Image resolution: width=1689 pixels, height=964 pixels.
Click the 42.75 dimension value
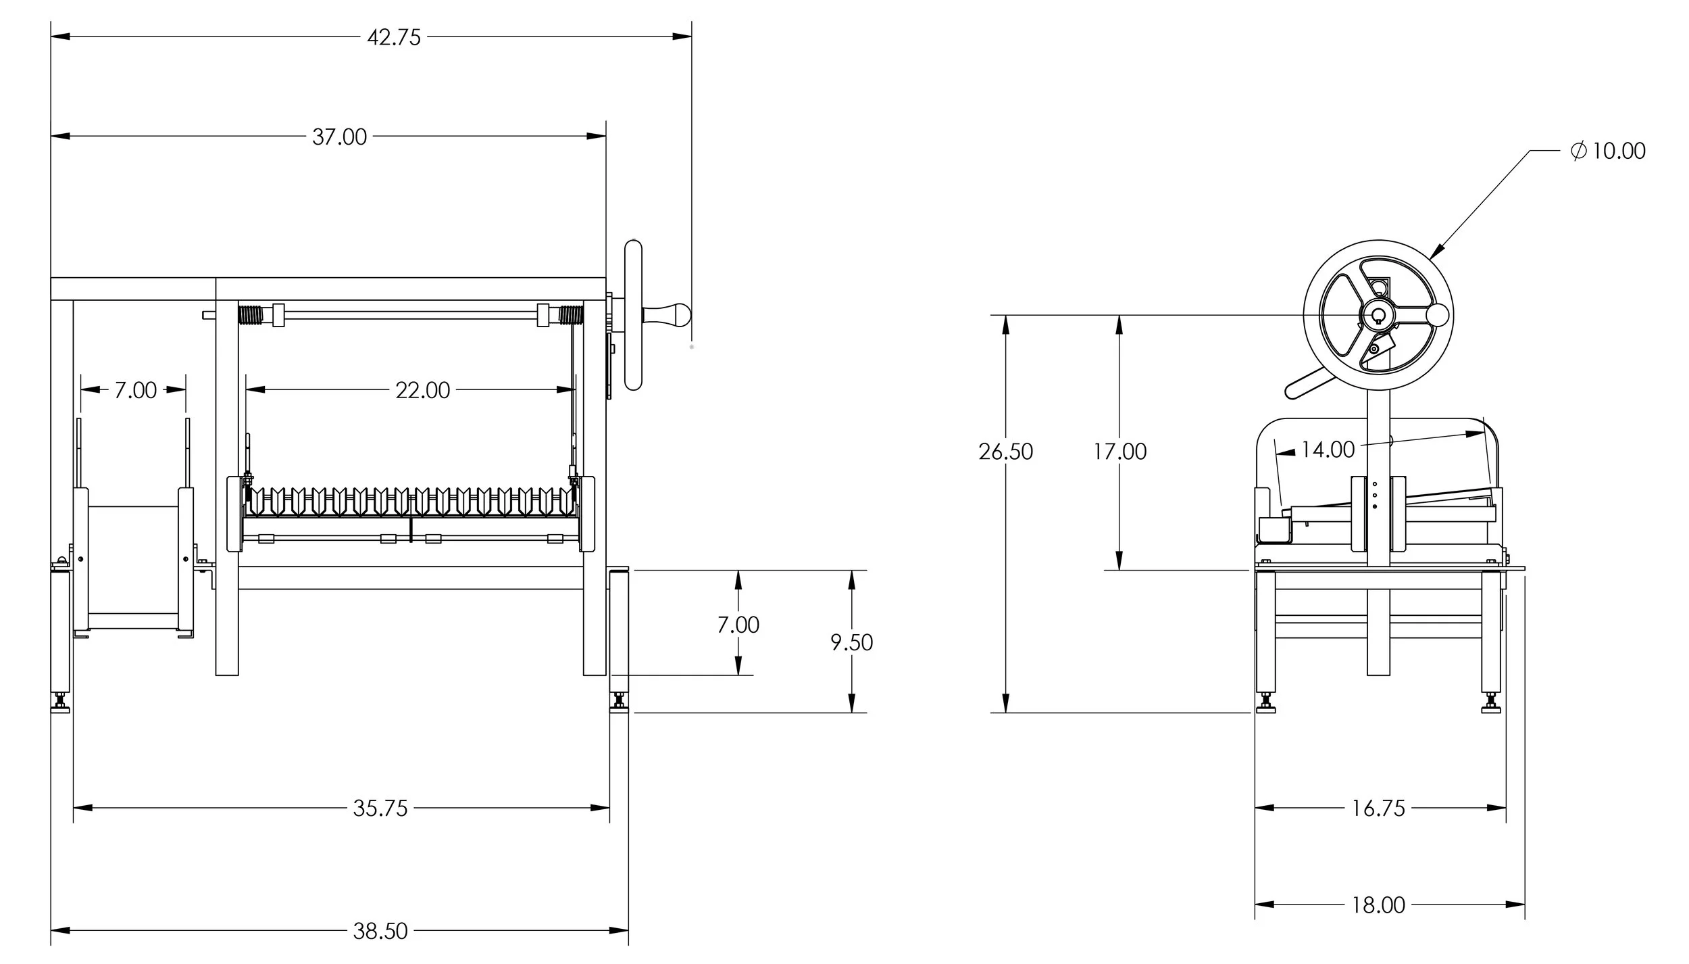pos(394,37)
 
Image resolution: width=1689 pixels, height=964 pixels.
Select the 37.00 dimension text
pos(339,137)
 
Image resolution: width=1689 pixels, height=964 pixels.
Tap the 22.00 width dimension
pos(423,390)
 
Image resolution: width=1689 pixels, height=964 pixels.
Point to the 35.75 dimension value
pos(380,808)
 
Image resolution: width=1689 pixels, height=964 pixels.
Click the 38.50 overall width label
pos(380,931)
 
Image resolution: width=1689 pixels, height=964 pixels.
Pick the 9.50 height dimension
pos(852,642)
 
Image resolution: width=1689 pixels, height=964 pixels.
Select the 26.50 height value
pos(1006,452)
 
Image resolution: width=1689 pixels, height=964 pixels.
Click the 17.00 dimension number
pos(1120,452)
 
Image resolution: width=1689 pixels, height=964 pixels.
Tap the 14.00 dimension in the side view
pos(1328,450)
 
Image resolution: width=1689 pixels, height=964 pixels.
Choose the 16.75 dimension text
pos(1378,808)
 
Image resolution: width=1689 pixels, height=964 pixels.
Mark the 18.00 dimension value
pos(1378,905)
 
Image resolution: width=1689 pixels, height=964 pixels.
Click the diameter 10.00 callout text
pos(1609,150)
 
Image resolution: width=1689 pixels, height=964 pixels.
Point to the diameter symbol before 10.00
pos(1579,150)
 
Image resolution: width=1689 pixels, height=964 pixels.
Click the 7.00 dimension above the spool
pos(135,390)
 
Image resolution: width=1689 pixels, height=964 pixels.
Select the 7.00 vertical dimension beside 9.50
pos(738,625)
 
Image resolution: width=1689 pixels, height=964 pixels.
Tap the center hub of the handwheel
pos(1377,314)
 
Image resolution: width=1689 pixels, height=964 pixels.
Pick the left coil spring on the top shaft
pos(250,315)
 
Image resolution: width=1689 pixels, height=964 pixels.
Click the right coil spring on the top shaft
pos(572,315)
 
